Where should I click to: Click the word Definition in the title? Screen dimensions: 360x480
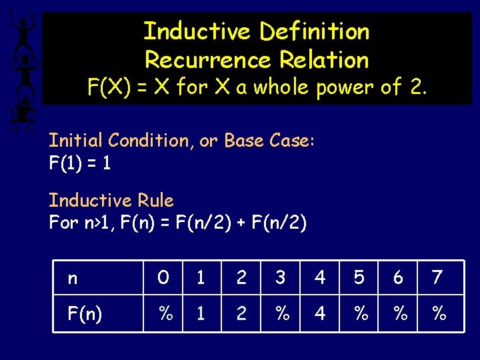(x=314, y=31)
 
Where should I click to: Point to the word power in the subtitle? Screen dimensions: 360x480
(x=331, y=87)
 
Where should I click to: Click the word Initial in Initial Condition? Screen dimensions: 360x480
(x=76, y=141)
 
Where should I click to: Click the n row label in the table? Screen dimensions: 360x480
(x=73, y=277)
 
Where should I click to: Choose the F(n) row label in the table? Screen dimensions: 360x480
(x=85, y=313)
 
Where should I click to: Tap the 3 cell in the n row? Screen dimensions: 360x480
(x=281, y=277)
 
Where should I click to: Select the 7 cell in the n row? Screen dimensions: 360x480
(x=437, y=277)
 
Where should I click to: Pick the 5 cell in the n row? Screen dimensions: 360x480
(x=359, y=277)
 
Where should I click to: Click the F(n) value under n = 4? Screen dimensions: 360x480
(x=320, y=313)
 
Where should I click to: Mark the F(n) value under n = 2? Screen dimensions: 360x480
(x=241, y=313)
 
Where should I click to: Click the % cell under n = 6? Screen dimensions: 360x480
(x=399, y=313)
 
